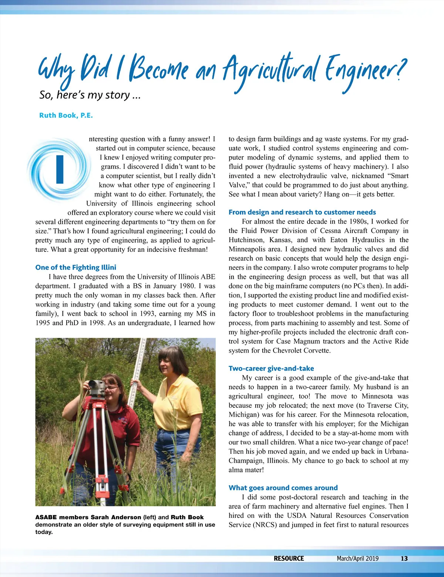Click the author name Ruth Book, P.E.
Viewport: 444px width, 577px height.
pyautogui.click(x=66, y=115)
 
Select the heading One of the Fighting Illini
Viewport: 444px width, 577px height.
pyautogui.click(x=75, y=267)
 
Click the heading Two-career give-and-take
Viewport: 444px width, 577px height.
pyautogui.click(x=271, y=368)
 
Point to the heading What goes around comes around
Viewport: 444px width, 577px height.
pyautogui.click(x=283, y=488)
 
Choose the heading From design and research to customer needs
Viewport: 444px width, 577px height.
pyautogui.click(x=302, y=212)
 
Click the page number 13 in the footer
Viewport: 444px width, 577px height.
pyautogui.click(x=404, y=558)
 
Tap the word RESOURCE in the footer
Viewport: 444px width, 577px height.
pyautogui.click(x=289, y=558)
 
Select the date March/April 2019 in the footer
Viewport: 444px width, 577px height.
pyautogui.click(x=357, y=558)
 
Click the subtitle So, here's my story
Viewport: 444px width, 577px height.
pyautogui.click(x=90, y=95)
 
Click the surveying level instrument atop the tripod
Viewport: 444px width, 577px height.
pyautogui.click(x=97, y=387)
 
